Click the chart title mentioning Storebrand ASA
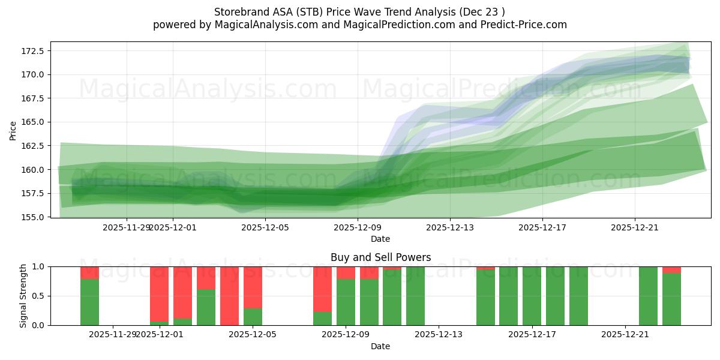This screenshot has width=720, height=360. click(359, 12)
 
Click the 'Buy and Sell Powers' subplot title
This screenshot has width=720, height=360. click(380, 257)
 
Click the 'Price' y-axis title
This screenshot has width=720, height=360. click(13, 130)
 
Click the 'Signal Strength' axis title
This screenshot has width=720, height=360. click(23, 295)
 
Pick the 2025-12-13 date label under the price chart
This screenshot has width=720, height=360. click(450, 227)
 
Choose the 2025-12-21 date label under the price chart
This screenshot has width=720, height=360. click(635, 227)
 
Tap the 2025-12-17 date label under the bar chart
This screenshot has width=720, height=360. click(532, 334)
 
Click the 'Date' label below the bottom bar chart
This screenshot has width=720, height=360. click(380, 346)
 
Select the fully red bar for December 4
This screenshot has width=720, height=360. click(229, 296)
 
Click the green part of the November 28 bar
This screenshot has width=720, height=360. click(89, 302)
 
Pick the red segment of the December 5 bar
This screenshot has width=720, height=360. click(253, 287)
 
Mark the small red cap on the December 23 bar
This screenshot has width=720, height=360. click(671, 269)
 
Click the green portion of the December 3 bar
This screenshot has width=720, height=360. click(206, 307)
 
